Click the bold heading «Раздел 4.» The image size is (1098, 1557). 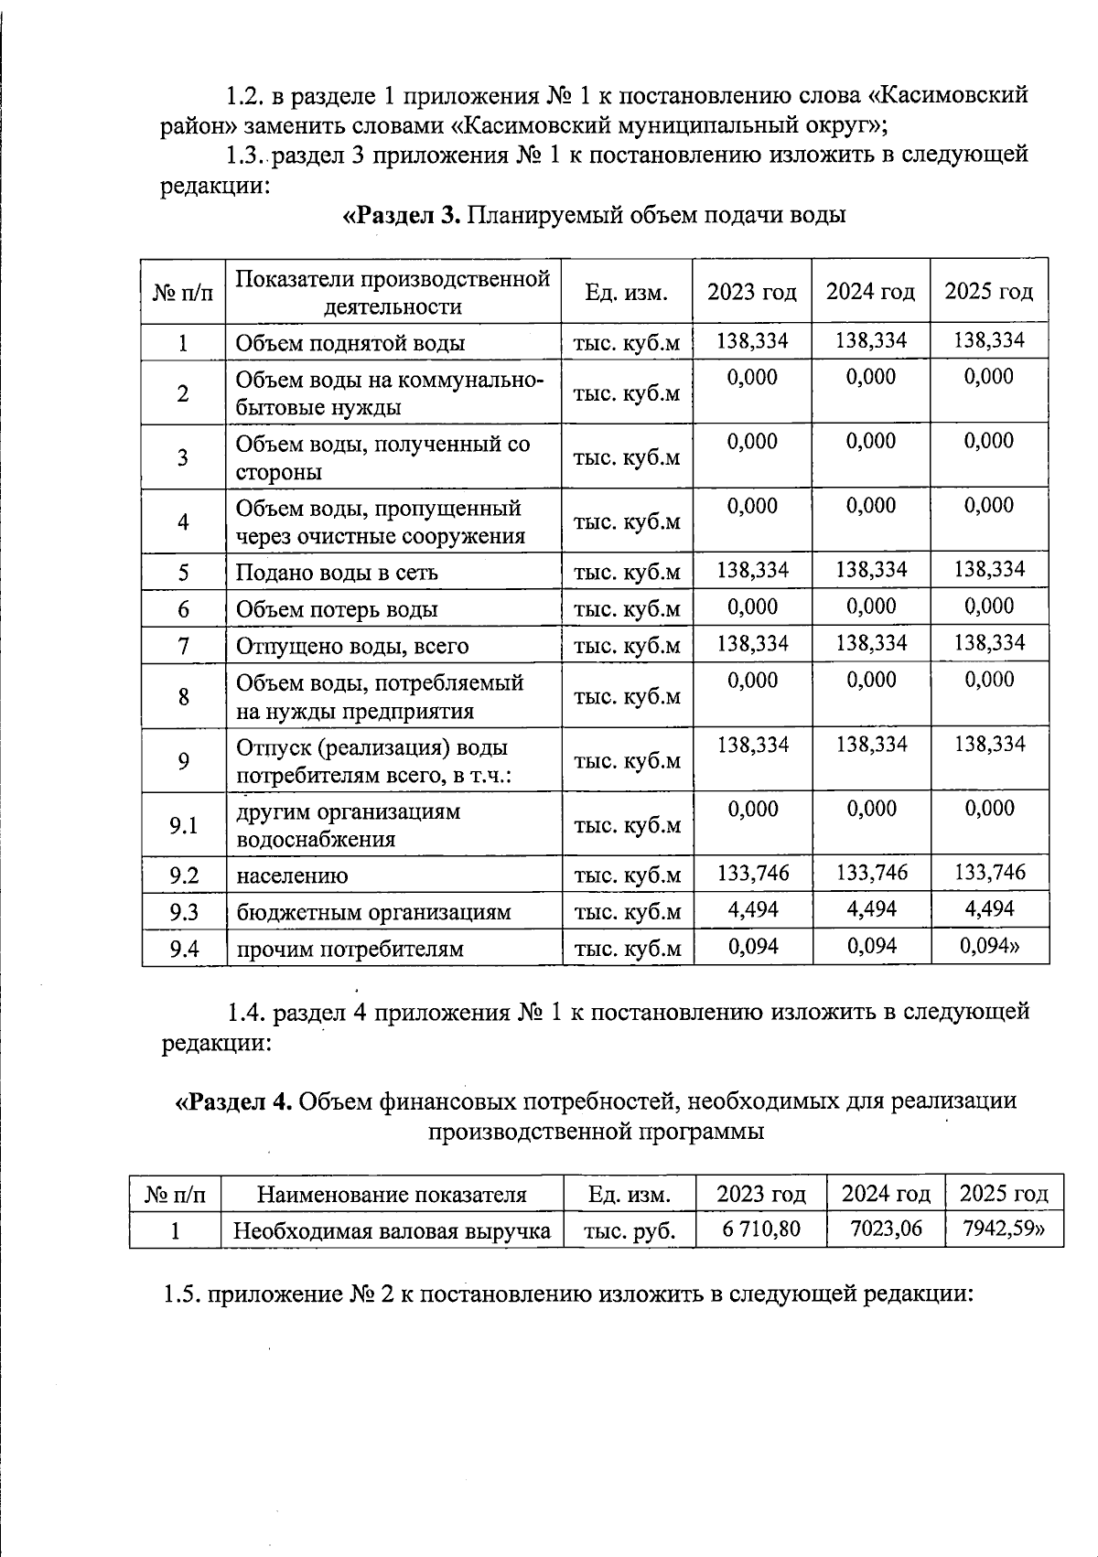point(234,1101)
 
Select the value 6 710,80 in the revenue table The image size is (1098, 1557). point(760,1229)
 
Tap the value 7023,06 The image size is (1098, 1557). point(886,1229)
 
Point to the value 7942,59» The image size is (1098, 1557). point(1004,1229)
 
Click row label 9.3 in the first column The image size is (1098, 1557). point(184,912)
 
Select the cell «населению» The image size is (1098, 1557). point(292,875)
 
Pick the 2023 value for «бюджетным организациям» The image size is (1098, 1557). point(752,909)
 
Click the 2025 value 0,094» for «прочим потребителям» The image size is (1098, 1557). point(989,946)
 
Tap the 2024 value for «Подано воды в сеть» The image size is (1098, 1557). point(871,570)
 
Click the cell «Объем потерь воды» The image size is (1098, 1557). point(337,609)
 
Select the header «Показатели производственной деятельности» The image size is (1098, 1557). point(393,292)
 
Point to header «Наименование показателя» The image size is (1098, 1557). point(392,1194)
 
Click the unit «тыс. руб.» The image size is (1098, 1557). point(630,1231)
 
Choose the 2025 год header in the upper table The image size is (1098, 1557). point(988,292)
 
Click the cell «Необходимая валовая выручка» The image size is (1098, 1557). point(392,1231)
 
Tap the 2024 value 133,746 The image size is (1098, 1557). point(871,873)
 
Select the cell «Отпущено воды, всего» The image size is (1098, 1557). point(352,646)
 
